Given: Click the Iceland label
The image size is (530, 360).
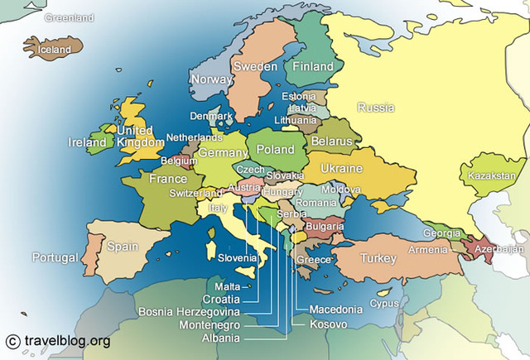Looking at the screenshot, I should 55,50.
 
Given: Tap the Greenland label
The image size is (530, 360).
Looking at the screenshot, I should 70,17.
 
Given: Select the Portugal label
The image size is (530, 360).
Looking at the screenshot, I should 55,257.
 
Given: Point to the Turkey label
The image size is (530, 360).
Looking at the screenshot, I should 378,258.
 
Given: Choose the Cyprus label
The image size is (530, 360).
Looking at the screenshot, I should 383,303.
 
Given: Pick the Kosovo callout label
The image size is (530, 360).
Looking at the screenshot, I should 328,324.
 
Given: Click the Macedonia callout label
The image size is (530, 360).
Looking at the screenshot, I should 335,310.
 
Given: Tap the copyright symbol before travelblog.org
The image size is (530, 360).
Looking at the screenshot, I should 12,340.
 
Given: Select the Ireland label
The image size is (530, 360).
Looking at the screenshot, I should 87,142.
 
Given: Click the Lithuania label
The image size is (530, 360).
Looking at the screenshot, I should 295,120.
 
